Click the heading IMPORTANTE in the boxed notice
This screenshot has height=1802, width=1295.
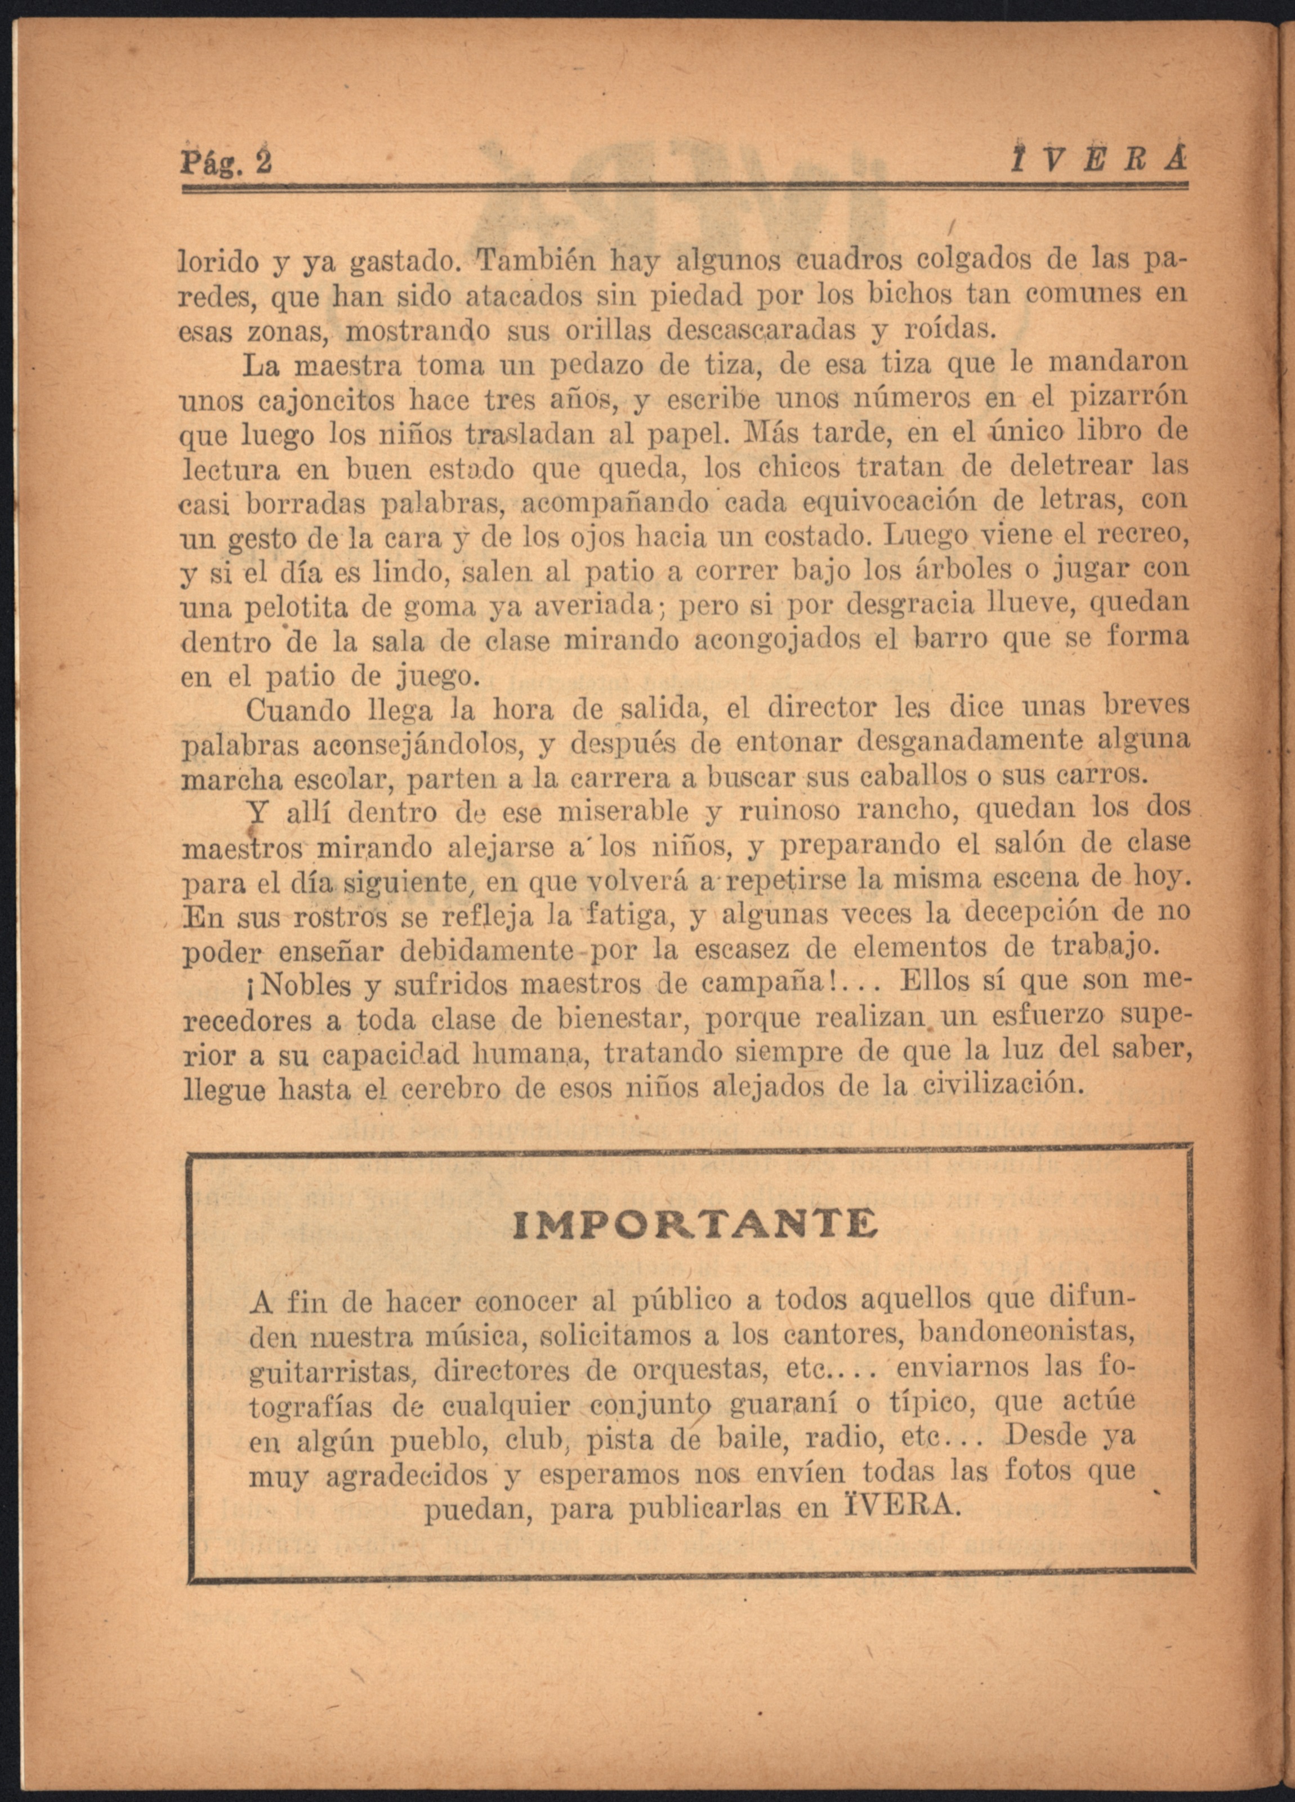coord(695,1224)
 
